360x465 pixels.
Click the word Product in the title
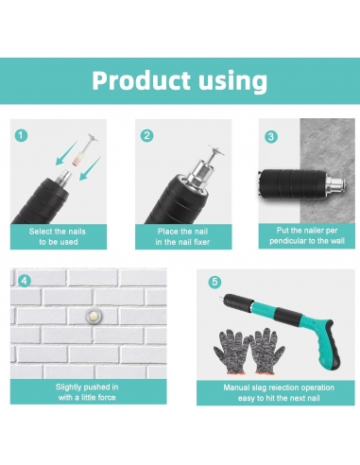click(142, 80)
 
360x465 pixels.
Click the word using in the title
click(233, 82)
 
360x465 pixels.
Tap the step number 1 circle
click(21, 136)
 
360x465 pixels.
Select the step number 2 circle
click(146, 136)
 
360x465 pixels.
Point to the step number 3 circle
click(271, 137)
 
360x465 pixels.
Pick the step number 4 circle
click(25, 281)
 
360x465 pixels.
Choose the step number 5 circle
click(214, 282)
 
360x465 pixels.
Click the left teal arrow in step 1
click(66, 153)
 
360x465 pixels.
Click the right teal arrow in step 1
click(90, 168)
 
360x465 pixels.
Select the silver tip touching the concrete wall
click(334, 183)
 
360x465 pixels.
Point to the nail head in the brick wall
click(92, 315)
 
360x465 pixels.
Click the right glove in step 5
click(267, 351)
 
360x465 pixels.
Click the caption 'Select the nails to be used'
click(58, 236)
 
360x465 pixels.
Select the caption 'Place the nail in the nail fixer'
click(182, 236)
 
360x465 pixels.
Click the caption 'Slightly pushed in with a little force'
click(87, 392)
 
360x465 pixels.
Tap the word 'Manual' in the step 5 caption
click(236, 387)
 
